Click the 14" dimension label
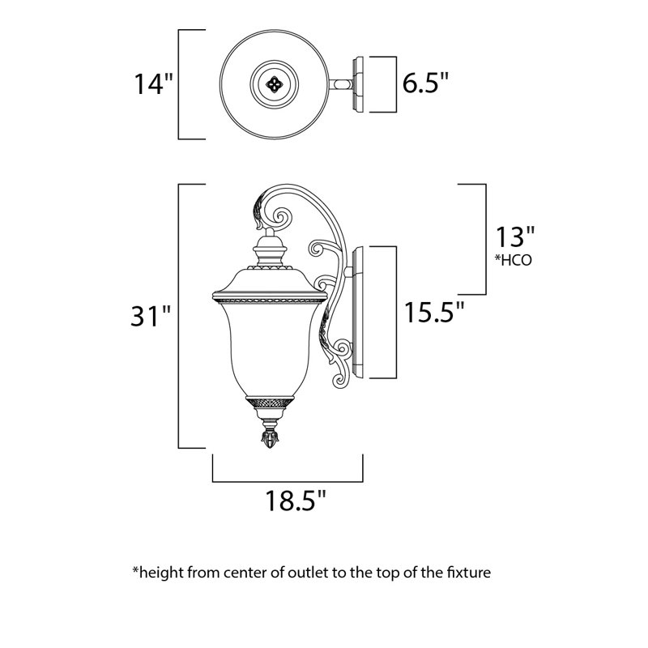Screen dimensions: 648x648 point(153,84)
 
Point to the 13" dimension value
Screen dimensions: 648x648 point(515,237)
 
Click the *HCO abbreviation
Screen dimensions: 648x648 point(514,260)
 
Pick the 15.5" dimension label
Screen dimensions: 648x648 point(434,312)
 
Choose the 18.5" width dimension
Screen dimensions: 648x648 point(296,501)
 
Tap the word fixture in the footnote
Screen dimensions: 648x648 point(469,573)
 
